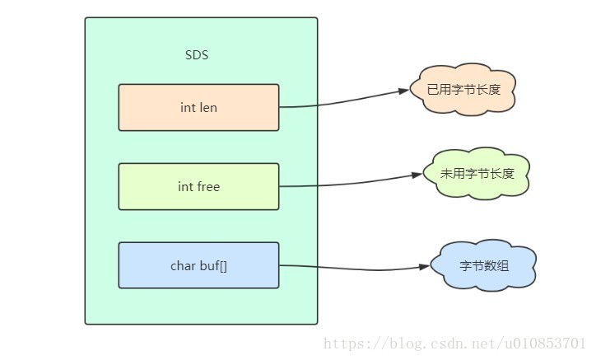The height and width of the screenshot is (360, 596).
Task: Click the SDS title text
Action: coord(197,55)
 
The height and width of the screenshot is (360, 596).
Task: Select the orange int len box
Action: coord(198,108)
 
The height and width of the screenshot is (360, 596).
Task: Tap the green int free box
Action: coord(198,186)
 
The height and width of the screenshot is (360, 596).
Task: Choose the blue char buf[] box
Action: coord(198,265)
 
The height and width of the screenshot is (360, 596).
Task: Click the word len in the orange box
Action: coord(208,108)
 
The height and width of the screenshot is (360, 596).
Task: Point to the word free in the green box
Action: coord(208,186)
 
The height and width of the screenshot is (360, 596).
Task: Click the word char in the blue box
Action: coord(184,265)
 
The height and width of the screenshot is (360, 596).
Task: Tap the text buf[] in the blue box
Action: coord(213,265)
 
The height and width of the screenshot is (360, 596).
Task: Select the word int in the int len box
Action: coord(188,108)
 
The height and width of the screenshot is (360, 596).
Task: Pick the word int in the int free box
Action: coord(185,186)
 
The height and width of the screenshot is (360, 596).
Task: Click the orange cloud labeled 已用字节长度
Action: coord(463,90)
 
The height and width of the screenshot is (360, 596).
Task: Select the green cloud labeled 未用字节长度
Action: coord(477,174)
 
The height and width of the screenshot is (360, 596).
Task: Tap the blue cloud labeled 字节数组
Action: coord(483,265)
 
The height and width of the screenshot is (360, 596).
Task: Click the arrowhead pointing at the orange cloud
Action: coord(403,91)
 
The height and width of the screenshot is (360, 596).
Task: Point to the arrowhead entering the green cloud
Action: coord(417,175)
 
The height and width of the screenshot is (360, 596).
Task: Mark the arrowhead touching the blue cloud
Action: coord(424,267)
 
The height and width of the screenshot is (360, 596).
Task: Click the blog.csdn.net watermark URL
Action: coord(454,344)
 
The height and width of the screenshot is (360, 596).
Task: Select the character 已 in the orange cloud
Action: coord(433,90)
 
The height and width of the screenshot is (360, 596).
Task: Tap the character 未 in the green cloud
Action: coord(447,174)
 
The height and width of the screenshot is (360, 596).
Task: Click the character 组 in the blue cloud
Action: coord(502,265)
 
